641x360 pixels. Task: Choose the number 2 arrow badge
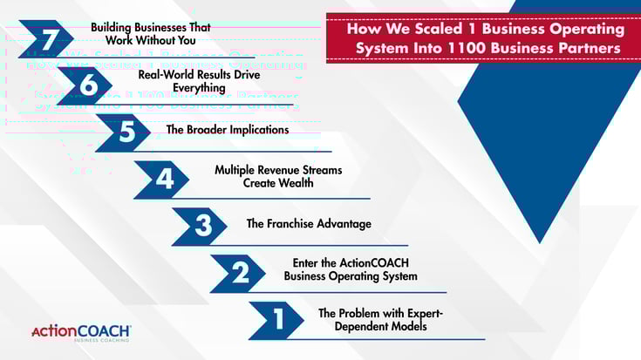click(x=240, y=273)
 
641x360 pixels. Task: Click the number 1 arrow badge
click(x=278, y=319)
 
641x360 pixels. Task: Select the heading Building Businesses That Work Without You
click(x=151, y=33)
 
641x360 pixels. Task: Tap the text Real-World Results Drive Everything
click(x=181, y=81)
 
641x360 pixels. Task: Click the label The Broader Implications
click(x=228, y=129)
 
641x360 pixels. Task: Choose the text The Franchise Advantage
click(x=309, y=224)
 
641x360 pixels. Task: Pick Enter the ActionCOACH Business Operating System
click(x=351, y=270)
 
